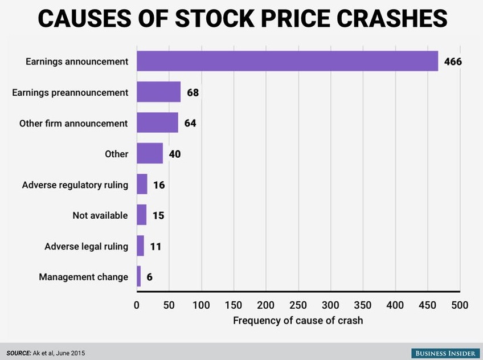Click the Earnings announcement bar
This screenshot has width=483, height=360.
click(x=287, y=61)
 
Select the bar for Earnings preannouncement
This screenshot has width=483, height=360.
click(x=158, y=92)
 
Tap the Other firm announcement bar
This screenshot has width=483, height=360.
click(x=157, y=122)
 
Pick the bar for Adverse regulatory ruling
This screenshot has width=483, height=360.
click(x=142, y=185)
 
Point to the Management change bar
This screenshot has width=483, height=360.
click(x=138, y=277)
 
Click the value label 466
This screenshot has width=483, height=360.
click(x=453, y=61)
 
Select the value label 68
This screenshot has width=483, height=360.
click(x=193, y=92)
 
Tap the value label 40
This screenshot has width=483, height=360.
click(x=175, y=154)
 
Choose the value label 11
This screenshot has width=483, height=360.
click(x=156, y=247)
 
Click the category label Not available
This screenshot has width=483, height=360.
click(x=100, y=215)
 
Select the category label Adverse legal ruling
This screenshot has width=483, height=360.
click(x=86, y=247)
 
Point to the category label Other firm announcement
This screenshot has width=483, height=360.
click(x=73, y=123)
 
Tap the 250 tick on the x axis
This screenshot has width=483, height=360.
click(x=298, y=305)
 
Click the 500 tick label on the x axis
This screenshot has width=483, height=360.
click(x=460, y=305)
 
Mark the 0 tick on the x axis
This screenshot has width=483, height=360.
click(x=137, y=305)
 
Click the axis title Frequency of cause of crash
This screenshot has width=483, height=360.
click(x=298, y=321)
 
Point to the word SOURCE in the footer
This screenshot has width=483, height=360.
click(x=19, y=353)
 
